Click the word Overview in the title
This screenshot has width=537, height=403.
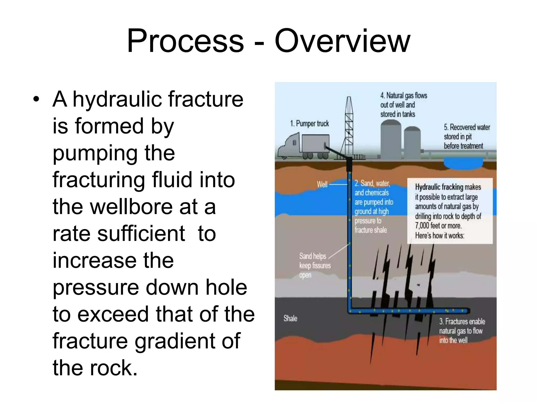342,41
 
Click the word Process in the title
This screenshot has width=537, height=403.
185,41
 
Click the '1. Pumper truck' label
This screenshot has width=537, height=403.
309,123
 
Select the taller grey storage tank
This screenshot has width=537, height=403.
391,140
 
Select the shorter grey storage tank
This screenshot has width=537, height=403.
412,143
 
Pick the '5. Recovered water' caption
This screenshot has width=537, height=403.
466,136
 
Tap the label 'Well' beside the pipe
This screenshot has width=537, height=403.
322,184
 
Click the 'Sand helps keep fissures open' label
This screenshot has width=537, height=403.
314,265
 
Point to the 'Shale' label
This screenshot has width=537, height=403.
290,318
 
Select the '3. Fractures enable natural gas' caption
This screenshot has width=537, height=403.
461,331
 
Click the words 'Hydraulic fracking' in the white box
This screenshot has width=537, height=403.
439,187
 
